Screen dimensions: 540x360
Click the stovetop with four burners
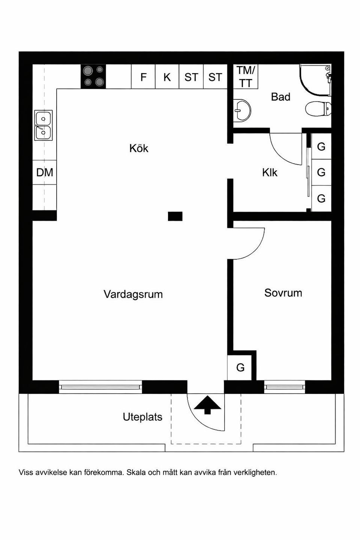click(93, 76)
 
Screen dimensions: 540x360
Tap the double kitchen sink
click(43, 125)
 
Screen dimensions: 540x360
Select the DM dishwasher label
click(45, 172)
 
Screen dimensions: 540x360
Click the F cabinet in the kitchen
click(143, 77)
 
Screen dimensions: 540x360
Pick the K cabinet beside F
click(167, 77)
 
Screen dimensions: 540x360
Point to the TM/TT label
click(246, 76)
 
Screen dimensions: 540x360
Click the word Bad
click(280, 97)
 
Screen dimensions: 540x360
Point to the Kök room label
click(139, 148)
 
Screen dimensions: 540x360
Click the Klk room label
click(270, 172)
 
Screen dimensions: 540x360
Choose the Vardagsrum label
click(133, 294)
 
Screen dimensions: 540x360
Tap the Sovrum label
click(283, 293)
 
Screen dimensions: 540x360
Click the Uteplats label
click(142, 417)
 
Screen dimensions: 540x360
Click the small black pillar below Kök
click(175, 216)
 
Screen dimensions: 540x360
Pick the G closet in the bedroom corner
click(240, 367)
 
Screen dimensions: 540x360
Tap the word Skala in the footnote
click(136, 472)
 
